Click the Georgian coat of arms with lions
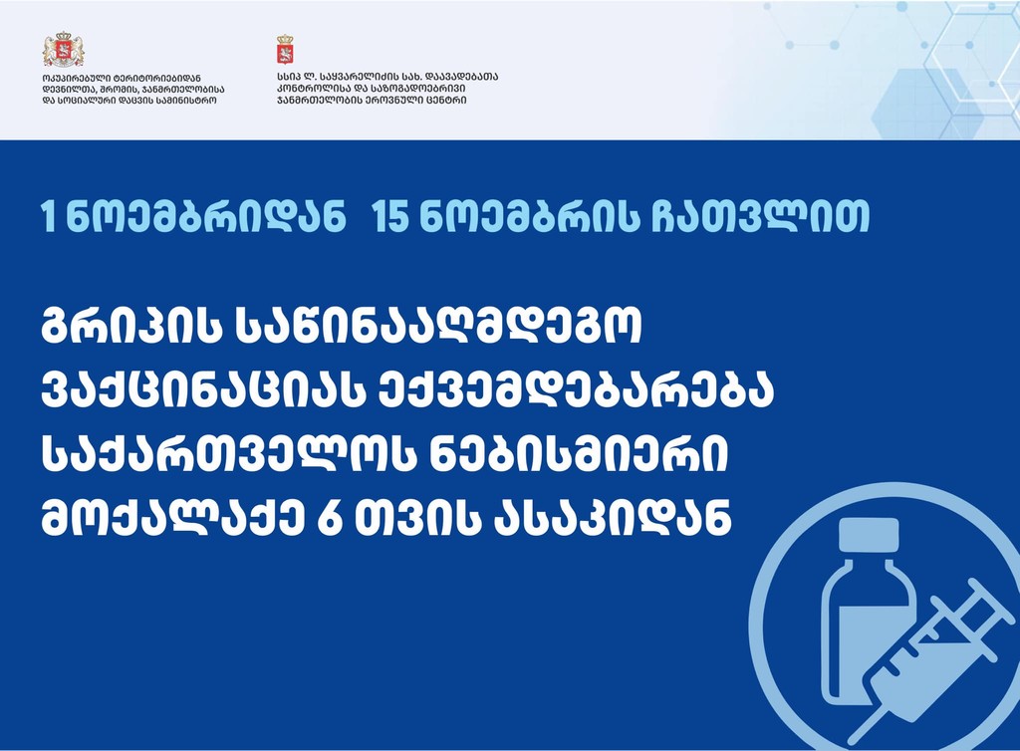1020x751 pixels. pyautogui.click(x=63, y=50)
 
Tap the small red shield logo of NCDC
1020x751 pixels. pyautogui.click(x=285, y=50)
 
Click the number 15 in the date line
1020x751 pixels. pyautogui.click(x=390, y=216)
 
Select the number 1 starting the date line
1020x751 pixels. pyautogui.click(x=47, y=216)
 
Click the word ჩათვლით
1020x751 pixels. pyautogui.click(x=761, y=216)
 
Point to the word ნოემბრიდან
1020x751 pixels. pyautogui.click(x=206, y=216)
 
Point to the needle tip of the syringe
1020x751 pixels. pyautogui.click(x=854, y=741)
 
